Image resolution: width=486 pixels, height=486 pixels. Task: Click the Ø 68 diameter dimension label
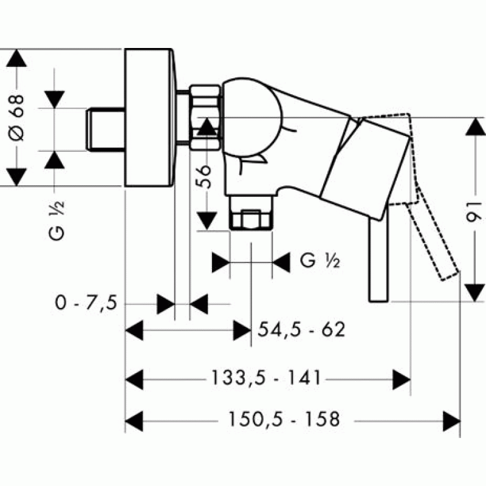click(x=16, y=118)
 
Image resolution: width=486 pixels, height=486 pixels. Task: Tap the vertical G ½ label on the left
click(x=56, y=220)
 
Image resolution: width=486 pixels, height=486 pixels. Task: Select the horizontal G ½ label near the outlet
click(x=320, y=261)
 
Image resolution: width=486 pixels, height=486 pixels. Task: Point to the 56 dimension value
click(x=204, y=176)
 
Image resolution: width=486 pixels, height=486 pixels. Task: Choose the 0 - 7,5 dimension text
click(x=86, y=303)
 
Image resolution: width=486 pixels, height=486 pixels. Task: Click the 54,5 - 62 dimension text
click(x=301, y=329)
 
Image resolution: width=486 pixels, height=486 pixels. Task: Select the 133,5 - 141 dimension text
click(x=265, y=378)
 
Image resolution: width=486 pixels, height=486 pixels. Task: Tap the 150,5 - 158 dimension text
click(x=284, y=419)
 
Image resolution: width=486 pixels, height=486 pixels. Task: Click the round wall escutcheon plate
click(x=149, y=118)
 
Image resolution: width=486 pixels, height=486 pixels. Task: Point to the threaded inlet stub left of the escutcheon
click(x=106, y=129)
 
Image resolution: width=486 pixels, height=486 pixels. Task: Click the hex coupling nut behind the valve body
click(x=205, y=117)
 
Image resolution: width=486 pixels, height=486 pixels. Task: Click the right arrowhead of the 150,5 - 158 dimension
click(x=451, y=421)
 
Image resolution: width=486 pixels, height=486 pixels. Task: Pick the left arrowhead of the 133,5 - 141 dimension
click(x=134, y=379)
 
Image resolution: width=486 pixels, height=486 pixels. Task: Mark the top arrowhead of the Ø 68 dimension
click(x=16, y=58)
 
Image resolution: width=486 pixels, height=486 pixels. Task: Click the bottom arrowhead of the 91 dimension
click(x=475, y=293)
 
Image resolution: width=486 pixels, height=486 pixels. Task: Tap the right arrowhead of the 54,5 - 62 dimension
click(x=242, y=330)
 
